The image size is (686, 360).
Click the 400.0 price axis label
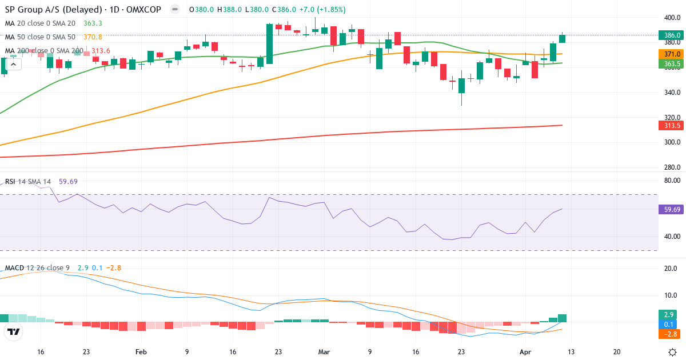point(671,17)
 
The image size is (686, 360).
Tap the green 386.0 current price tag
point(671,35)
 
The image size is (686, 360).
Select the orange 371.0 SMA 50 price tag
point(671,54)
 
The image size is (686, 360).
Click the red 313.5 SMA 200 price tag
point(671,126)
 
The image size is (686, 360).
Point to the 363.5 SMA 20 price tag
point(671,64)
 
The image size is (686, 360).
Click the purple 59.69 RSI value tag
point(671,210)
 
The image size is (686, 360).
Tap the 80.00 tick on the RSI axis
point(671,181)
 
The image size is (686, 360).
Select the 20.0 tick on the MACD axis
point(671,269)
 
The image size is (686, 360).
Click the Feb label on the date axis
point(142,352)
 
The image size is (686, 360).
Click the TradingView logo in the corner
point(14,331)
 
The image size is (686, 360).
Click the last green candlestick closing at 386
point(563,38)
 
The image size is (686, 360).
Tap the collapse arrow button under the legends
point(13,64)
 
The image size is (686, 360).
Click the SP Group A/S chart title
point(40,10)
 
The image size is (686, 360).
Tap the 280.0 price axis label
point(671,167)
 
